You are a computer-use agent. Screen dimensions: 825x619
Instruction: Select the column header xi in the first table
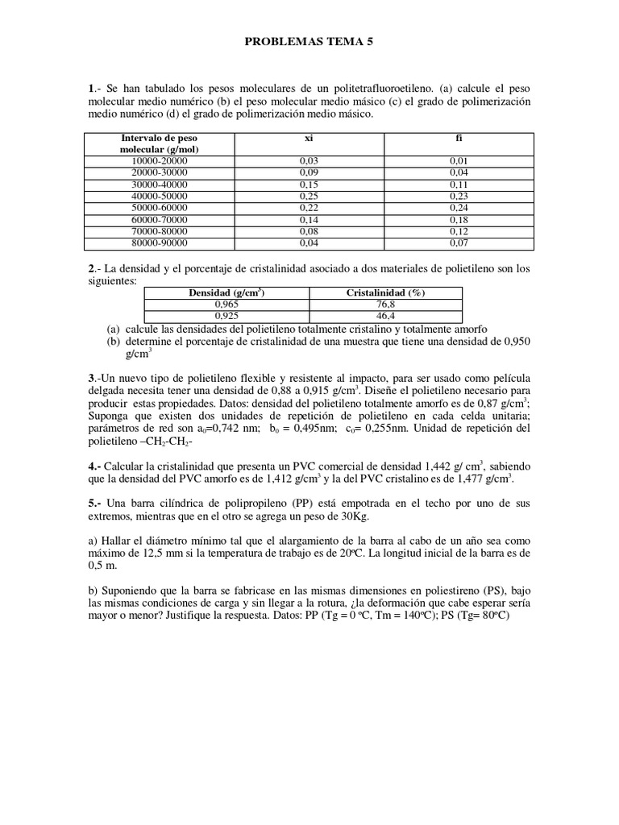tap(309, 139)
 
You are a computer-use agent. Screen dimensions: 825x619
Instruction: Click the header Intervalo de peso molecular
tap(160, 143)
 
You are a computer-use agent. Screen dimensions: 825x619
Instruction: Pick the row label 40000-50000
tap(160, 196)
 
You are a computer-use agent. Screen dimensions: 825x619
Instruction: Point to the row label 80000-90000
tap(160, 242)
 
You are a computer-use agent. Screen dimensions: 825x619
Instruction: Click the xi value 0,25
tap(309, 196)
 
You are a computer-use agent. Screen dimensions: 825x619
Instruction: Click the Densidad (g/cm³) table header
tap(222, 293)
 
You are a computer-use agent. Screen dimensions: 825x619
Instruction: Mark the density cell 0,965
tap(222, 305)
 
